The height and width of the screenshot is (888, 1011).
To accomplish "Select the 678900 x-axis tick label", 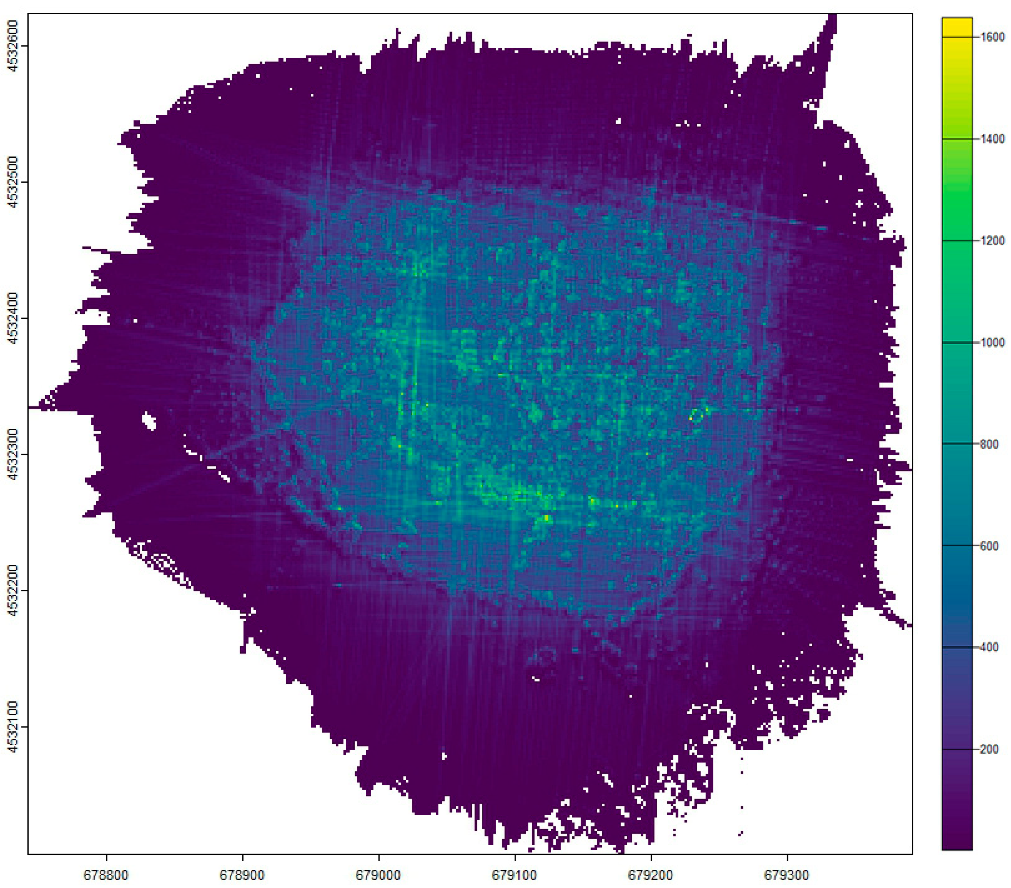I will [242, 875].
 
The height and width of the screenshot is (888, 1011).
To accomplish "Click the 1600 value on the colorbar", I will [992, 37].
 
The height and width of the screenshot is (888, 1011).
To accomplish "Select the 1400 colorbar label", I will [992, 139].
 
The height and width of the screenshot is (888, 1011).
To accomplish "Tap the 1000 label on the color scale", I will [992, 343].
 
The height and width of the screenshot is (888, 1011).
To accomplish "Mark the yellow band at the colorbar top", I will [957, 25].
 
